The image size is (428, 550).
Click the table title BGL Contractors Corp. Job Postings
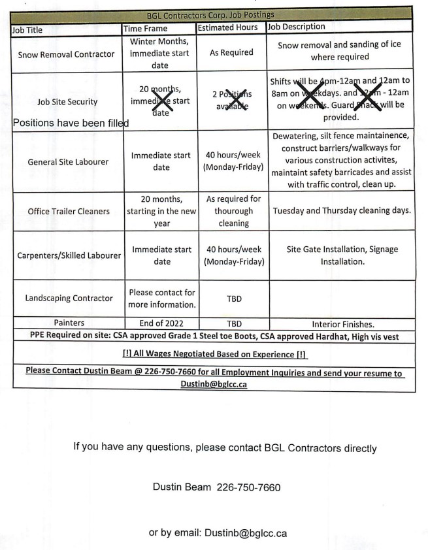point(210,14)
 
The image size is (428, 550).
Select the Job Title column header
point(27,29)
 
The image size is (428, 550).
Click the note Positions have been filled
point(71,123)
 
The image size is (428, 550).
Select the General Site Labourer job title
point(68,161)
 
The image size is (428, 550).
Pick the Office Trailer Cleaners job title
point(69,211)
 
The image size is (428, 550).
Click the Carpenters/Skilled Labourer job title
point(68,255)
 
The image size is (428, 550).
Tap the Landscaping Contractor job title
point(69,298)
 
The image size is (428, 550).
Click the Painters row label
point(69,323)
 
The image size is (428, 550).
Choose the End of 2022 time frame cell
point(161,323)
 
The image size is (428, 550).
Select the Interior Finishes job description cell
point(343,323)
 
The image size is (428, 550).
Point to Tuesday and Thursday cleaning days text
point(342,211)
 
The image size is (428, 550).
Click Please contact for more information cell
point(161,299)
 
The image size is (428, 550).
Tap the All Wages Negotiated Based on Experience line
point(215,354)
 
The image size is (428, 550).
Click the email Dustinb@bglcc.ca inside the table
point(214,385)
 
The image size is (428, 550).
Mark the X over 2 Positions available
point(232,101)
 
